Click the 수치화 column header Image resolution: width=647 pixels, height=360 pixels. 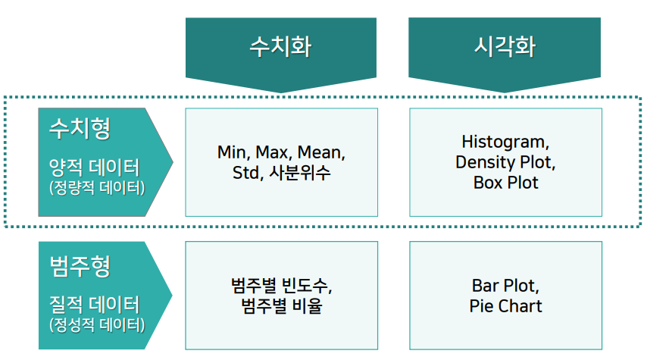[x=281, y=47]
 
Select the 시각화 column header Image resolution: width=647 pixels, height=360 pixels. [x=505, y=47]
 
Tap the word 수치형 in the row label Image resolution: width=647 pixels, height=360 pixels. [x=80, y=128]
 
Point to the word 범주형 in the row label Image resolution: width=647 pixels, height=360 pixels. [x=80, y=266]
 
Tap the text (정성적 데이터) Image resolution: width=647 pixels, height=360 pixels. [x=96, y=326]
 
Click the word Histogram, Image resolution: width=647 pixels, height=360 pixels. [x=505, y=142]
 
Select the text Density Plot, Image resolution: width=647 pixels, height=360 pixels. [x=505, y=162]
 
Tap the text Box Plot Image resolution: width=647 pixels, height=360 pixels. [x=505, y=183]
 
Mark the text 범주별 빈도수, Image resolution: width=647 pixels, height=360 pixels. [x=282, y=286]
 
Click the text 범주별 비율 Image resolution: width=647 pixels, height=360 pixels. [x=281, y=307]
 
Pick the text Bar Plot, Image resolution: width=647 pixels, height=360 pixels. [x=505, y=286]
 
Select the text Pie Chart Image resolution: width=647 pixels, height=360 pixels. [x=505, y=307]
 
